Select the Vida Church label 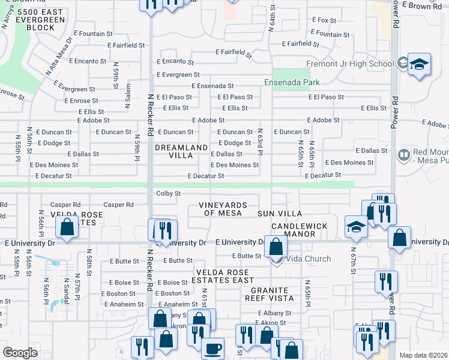click(309, 259)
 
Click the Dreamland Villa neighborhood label click(182, 151)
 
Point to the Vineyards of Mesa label click(223, 209)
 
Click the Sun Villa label click(280, 214)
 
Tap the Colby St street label click(168, 193)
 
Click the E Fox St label click(324, 20)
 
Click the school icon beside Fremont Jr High click(419, 64)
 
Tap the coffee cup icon click(212, 348)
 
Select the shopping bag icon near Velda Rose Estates click(67, 227)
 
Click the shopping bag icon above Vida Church click(276, 246)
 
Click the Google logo click(20, 353)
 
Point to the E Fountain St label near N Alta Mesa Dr click(92, 34)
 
